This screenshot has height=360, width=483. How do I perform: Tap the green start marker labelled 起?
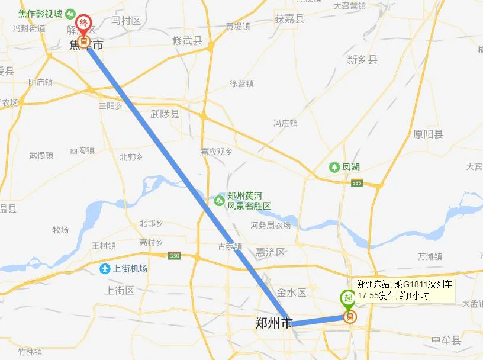[x=348, y=298]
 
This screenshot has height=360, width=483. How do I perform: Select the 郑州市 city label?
[x=273, y=324]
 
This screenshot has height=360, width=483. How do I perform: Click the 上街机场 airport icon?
[x=105, y=269]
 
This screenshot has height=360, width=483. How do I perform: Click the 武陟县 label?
[x=165, y=114]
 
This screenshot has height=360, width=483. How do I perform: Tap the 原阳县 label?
[x=428, y=134]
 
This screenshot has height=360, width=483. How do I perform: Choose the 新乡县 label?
[x=362, y=59]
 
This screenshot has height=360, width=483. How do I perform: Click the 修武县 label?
[x=187, y=40]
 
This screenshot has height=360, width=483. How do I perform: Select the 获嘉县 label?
[x=289, y=19]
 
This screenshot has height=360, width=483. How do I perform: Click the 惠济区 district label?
[x=271, y=253]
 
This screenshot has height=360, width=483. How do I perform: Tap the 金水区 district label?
[x=291, y=292]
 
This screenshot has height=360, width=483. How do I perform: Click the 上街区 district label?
[x=120, y=290]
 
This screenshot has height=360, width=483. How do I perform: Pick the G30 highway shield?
[x=174, y=256]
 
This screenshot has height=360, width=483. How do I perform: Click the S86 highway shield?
[x=356, y=184]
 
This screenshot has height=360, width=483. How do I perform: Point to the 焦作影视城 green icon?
[x=70, y=13]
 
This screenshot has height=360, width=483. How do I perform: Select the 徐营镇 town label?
[x=241, y=83]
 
